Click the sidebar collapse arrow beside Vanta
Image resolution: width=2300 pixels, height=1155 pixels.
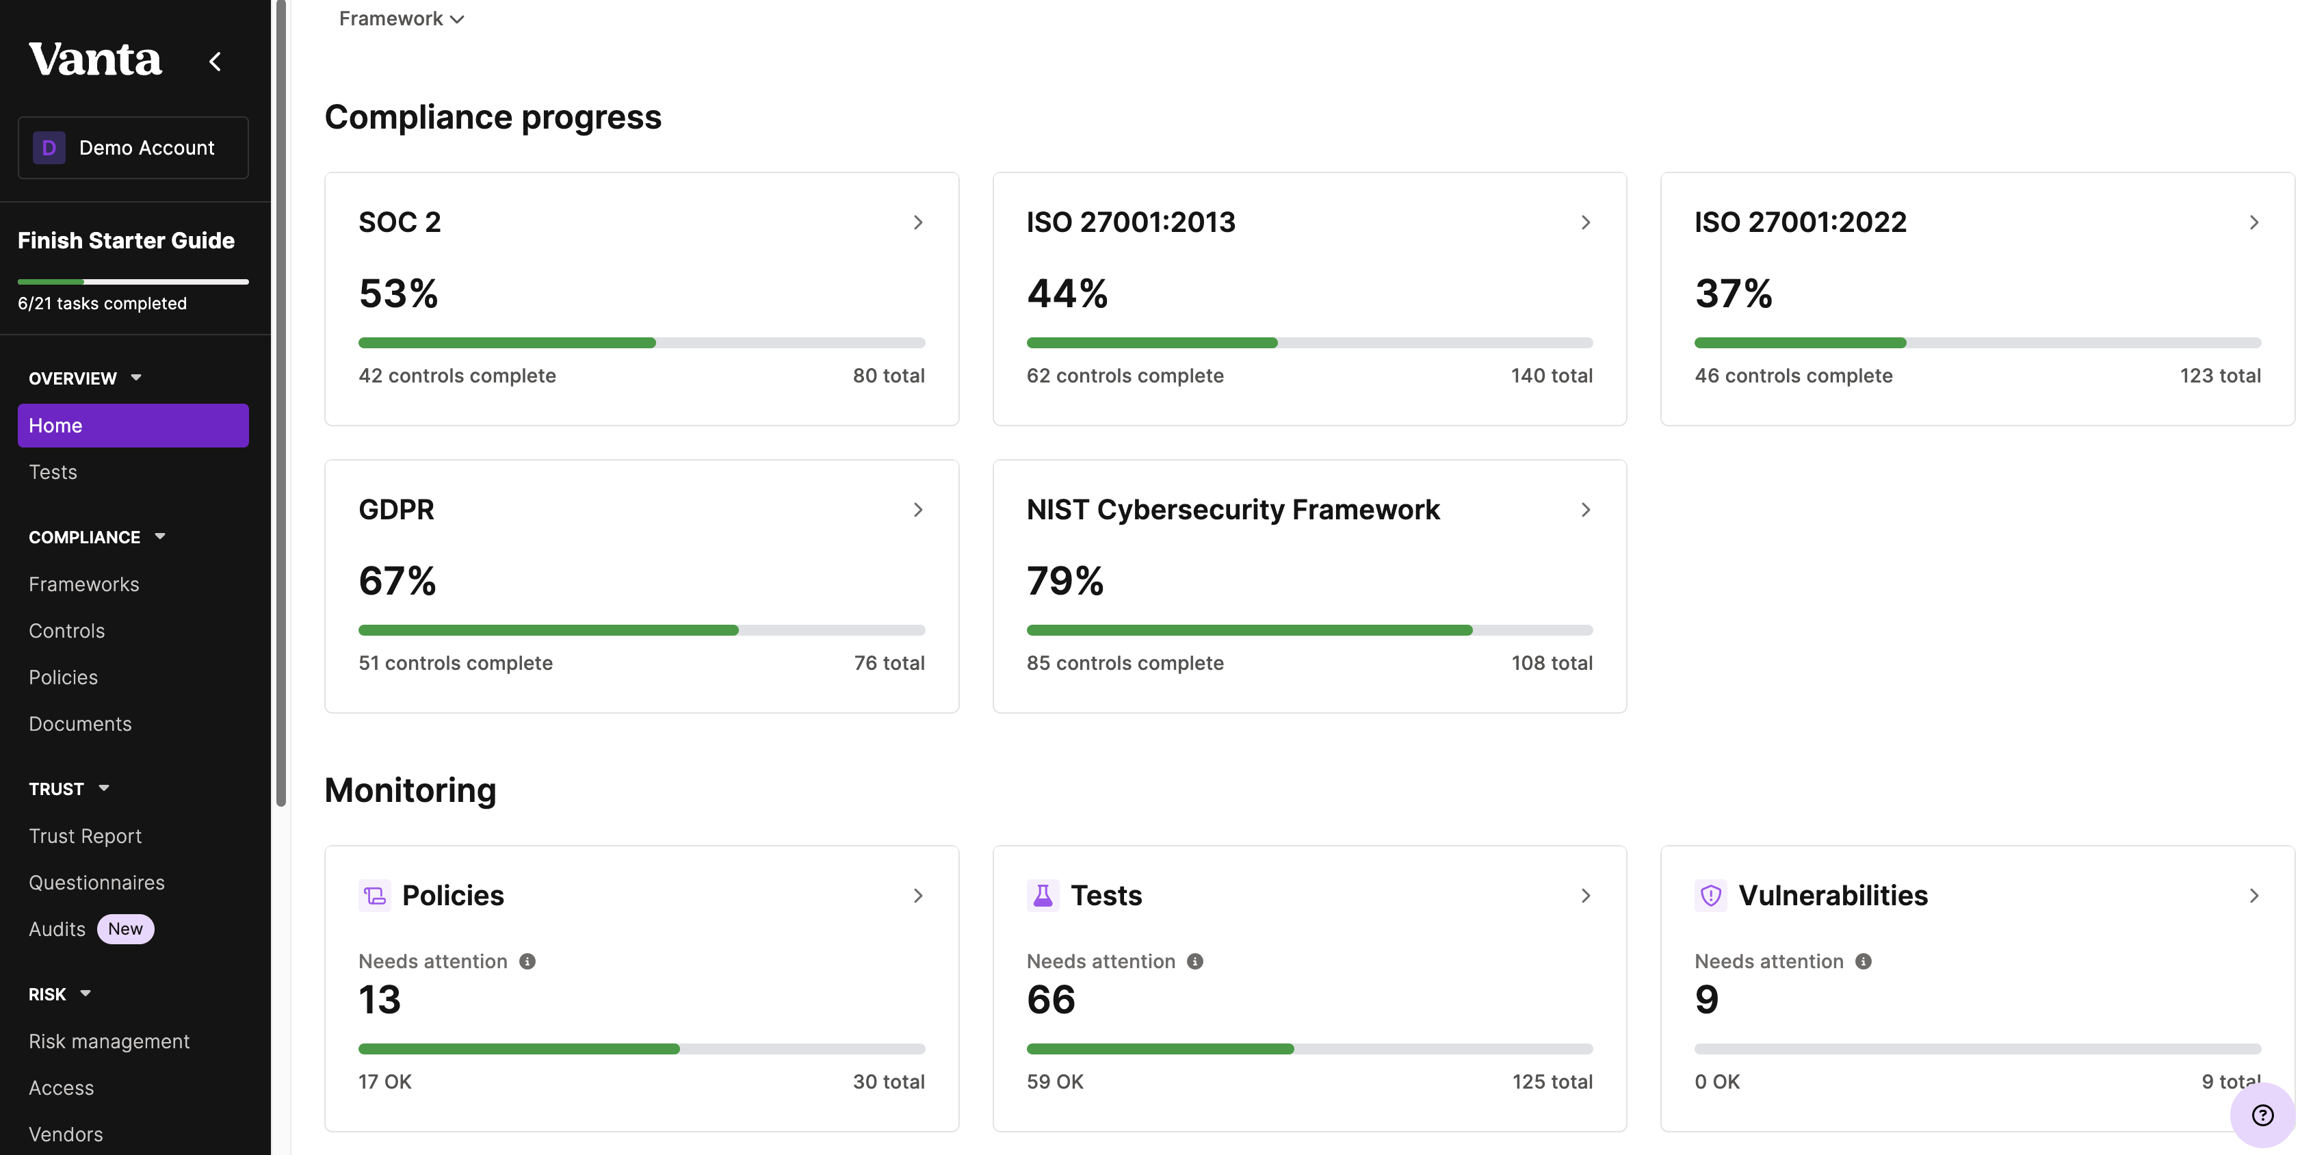coord(215,62)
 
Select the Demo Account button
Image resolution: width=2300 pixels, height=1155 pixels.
coord(133,147)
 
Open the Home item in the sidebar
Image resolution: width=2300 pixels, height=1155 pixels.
coord(133,425)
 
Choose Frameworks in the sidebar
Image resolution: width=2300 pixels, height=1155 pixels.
coord(84,584)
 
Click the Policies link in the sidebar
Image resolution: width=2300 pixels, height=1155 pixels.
coord(64,677)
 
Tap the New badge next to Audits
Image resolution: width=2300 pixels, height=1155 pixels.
coord(125,929)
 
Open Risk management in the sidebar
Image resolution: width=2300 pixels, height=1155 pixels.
coord(109,1041)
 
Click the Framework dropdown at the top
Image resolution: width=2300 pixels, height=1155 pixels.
coord(401,18)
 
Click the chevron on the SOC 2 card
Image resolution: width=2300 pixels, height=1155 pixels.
coord(918,222)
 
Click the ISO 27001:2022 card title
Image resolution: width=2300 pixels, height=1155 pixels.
coord(1800,222)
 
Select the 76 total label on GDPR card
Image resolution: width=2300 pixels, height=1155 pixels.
coord(889,663)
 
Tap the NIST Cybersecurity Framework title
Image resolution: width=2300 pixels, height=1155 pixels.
coord(1232,509)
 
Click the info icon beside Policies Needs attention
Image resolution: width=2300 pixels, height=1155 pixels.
coord(527,961)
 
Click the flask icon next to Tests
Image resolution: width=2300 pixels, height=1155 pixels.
coord(1042,895)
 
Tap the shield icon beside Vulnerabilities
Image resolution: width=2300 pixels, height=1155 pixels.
coord(1710,895)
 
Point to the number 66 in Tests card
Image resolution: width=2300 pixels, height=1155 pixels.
coord(1051,999)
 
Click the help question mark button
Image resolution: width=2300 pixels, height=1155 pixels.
coord(2262,1115)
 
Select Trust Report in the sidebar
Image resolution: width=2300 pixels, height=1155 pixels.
coord(85,836)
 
